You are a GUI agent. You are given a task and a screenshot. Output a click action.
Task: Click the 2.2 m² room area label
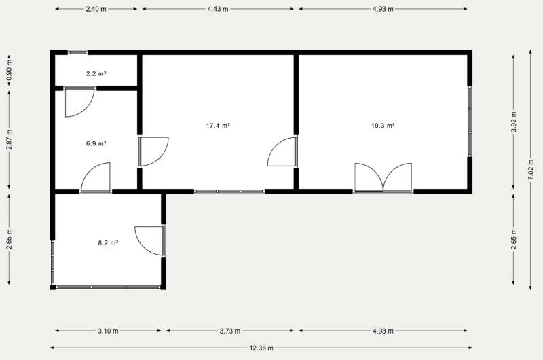point(96,73)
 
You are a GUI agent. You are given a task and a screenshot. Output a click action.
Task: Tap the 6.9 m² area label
point(96,143)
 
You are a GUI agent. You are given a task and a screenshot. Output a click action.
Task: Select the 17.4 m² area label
point(218,126)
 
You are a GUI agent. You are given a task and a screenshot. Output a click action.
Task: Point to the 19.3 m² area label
point(383,126)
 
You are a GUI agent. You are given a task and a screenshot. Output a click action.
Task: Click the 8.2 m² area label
point(109,243)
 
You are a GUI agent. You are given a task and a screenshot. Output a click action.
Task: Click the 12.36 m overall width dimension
point(261,348)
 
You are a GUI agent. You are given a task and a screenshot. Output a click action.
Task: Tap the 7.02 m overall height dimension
point(530,169)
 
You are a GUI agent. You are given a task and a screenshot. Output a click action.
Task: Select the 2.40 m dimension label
point(96,9)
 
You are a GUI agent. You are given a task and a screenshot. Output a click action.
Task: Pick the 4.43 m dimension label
point(218,9)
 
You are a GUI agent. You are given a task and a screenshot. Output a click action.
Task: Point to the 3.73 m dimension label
point(230,331)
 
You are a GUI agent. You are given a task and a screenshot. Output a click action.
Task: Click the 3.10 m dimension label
point(108,331)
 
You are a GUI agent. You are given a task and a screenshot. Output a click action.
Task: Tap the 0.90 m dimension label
point(10,71)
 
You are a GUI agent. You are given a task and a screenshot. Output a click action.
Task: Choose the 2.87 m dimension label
point(10,140)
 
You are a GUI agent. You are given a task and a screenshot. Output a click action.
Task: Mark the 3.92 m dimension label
point(514,122)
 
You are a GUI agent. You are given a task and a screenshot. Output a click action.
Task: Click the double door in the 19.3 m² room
point(383,177)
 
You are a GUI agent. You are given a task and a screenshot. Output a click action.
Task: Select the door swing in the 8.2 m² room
point(149,241)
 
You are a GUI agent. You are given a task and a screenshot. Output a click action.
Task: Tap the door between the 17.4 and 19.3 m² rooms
point(282,151)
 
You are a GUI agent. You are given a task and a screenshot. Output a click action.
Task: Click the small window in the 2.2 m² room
point(78,52)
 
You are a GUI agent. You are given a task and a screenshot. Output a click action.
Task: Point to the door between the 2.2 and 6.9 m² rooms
point(79,102)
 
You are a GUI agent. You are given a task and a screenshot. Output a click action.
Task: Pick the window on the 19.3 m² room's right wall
point(470,121)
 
